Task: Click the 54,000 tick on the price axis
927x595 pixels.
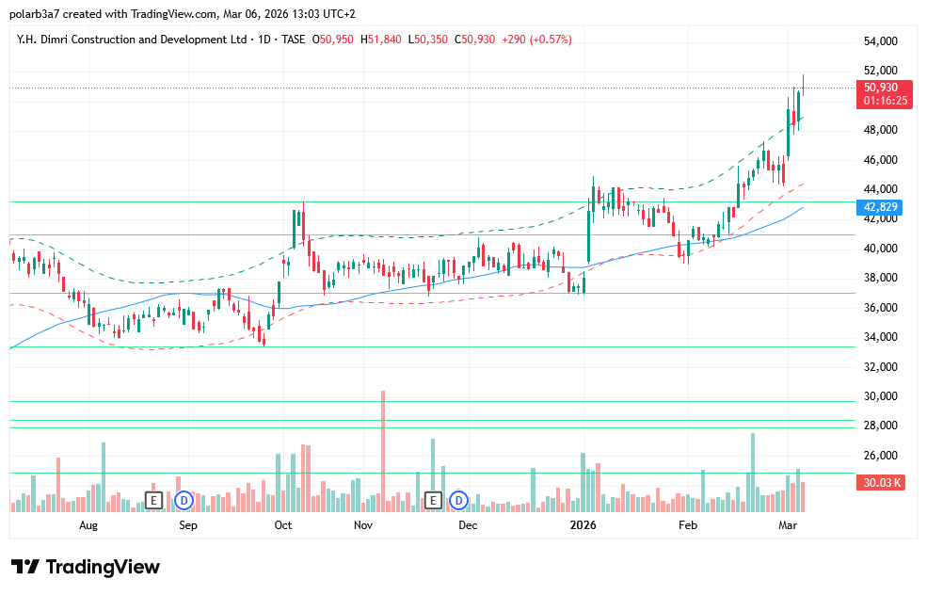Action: point(881,41)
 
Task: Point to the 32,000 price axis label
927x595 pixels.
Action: point(881,367)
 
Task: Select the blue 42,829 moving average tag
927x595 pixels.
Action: point(883,207)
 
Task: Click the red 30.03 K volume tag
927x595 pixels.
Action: point(883,483)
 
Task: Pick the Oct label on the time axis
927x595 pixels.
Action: point(283,525)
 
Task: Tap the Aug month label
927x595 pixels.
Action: point(88,525)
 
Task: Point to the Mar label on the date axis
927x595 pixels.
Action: point(788,525)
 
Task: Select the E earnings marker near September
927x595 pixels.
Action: point(153,500)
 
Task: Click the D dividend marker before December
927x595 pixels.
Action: point(459,500)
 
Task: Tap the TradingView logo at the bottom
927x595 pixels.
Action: point(86,567)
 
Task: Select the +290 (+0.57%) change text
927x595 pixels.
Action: point(536,40)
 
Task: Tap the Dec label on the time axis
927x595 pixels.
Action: point(469,525)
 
